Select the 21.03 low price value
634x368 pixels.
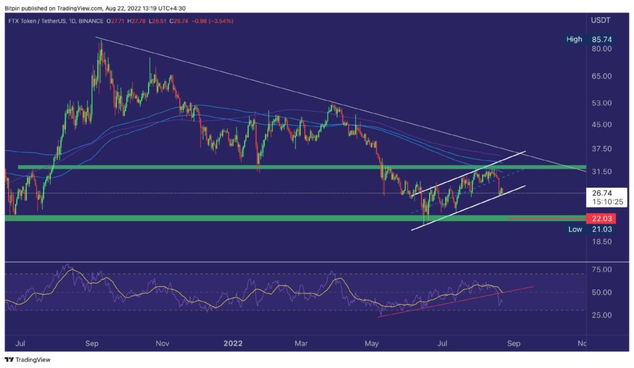tap(602, 229)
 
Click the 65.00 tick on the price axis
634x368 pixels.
tap(602, 76)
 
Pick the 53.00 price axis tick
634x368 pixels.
tap(602, 103)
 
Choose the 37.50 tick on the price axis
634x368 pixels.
tap(602, 149)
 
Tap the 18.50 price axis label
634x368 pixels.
tap(602, 242)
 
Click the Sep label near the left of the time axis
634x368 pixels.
tap(92, 343)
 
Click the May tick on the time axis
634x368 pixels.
tap(372, 343)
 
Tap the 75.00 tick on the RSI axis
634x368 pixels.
tap(602, 269)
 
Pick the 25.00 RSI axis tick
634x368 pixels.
tap(602, 315)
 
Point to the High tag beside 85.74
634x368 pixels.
tap(574, 39)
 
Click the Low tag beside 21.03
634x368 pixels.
tap(575, 229)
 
